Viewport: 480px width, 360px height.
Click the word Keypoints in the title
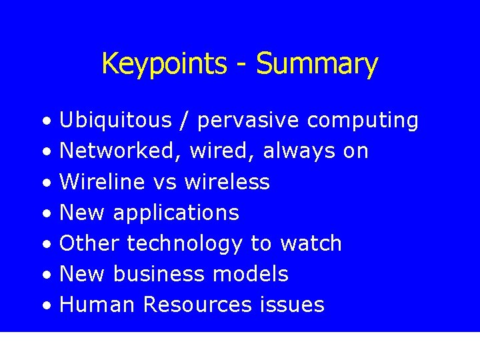click(164, 64)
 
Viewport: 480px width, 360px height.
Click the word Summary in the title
click(317, 64)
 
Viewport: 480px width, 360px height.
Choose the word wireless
click(227, 182)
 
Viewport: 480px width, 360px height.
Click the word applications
click(176, 213)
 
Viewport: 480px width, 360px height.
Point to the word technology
click(185, 244)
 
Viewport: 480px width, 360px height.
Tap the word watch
click(311, 243)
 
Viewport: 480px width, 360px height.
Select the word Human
click(98, 305)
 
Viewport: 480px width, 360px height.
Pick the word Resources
click(197, 305)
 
